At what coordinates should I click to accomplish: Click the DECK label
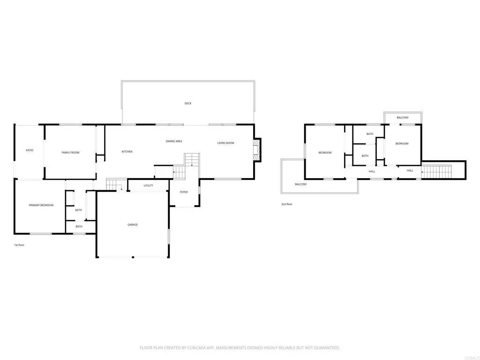click(x=187, y=103)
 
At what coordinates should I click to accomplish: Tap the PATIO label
click(x=30, y=150)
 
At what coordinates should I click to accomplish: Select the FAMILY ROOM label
click(x=71, y=152)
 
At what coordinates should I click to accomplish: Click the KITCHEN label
click(x=127, y=151)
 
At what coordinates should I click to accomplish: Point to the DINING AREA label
click(x=174, y=141)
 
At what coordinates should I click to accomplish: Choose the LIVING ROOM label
click(x=225, y=143)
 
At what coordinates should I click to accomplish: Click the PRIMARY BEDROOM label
click(x=41, y=205)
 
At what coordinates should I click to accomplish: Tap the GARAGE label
click(x=133, y=225)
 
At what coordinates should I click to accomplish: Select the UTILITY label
click(x=148, y=186)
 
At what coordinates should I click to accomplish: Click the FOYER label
click(x=184, y=192)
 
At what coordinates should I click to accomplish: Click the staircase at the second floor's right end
click(x=436, y=172)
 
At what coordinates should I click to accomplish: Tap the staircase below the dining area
click(x=191, y=161)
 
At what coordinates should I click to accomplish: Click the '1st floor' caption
click(x=19, y=245)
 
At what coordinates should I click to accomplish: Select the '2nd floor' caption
click(x=286, y=204)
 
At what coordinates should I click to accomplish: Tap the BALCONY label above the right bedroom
click(x=403, y=118)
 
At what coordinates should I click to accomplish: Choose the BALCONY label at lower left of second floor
click(x=301, y=184)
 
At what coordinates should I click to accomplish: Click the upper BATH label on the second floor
click(x=370, y=134)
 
